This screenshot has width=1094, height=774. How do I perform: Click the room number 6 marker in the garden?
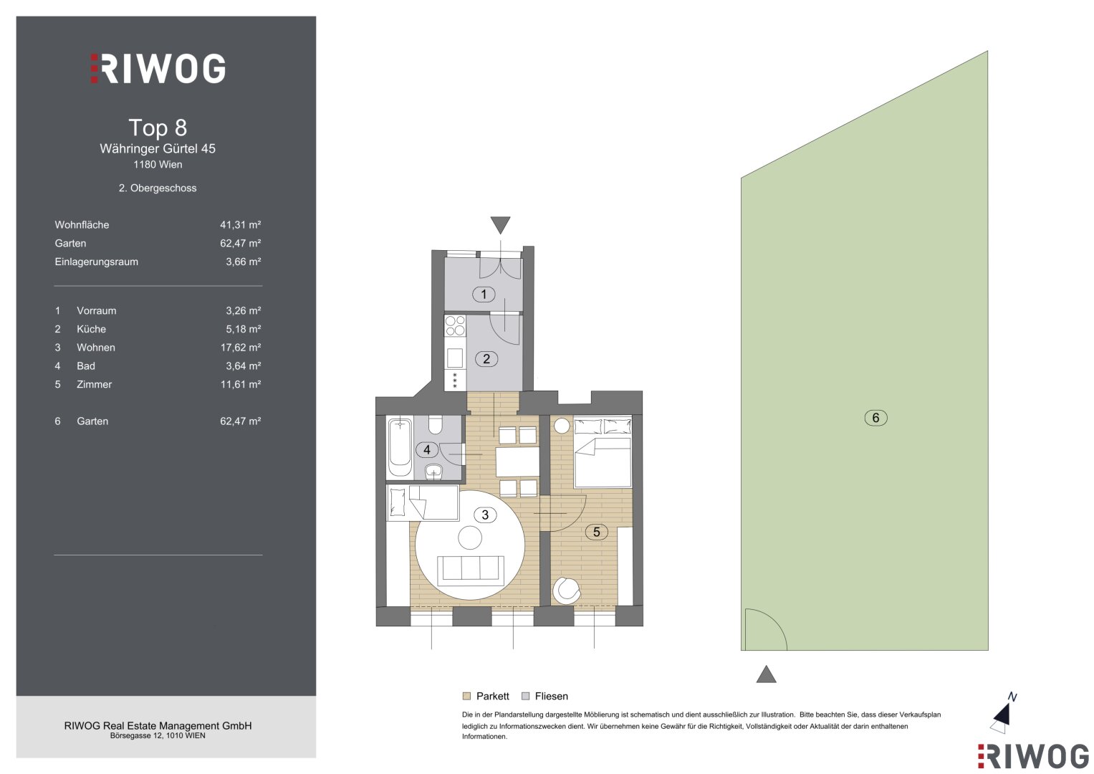click(875, 418)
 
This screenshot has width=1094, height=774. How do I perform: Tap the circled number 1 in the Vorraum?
click(484, 294)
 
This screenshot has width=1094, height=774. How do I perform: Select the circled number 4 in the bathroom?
click(427, 449)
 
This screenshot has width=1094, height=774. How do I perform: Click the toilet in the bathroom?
click(435, 424)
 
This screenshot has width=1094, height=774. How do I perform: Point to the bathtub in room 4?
click(400, 448)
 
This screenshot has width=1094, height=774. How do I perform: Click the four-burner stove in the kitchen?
click(455, 326)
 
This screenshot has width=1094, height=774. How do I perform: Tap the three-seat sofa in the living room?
click(470, 570)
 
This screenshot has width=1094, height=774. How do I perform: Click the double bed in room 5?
click(603, 451)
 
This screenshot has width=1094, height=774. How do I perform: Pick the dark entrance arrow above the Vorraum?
click(500, 225)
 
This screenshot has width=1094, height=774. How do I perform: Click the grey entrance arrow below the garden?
click(766, 674)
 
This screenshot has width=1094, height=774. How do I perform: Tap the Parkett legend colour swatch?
click(466, 696)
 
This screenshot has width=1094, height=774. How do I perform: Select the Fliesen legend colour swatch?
click(526, 696)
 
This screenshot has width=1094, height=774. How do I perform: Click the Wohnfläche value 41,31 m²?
click(240, 225)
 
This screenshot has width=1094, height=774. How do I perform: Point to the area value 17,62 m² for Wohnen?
click(240, 348)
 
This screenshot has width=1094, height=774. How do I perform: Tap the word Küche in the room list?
click(91, 329)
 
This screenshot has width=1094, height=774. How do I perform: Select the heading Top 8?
click(158, 128)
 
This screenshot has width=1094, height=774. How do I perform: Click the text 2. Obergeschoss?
click(158, 188)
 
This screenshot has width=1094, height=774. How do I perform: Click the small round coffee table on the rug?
click(470, 537)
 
